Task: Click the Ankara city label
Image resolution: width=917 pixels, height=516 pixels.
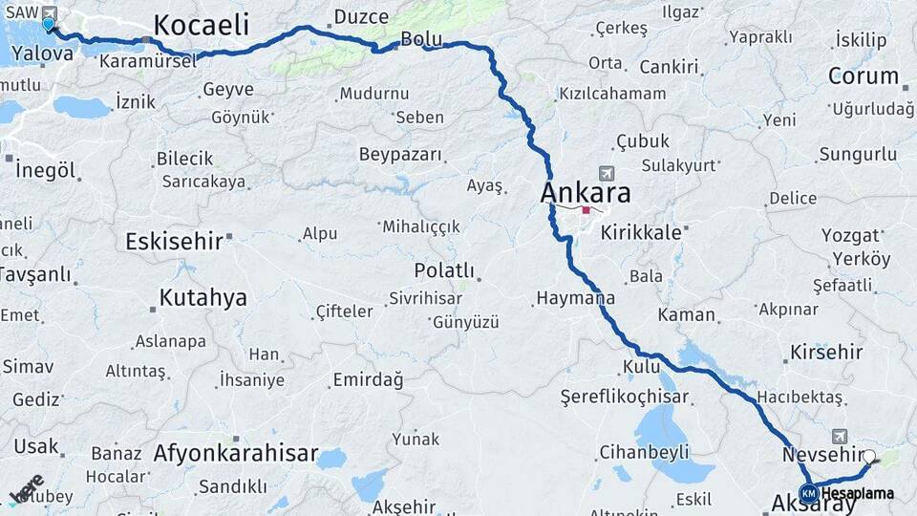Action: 586,192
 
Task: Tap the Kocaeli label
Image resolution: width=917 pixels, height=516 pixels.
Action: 201,24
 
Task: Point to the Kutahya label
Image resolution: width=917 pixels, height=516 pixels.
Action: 203,297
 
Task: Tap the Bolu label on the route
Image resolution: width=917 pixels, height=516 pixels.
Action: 421,39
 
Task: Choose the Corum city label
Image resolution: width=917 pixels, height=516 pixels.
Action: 863,75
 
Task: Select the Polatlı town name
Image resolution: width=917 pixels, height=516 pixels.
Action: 444,270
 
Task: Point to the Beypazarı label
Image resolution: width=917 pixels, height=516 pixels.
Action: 400,154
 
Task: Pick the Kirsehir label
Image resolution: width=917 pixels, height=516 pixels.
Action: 826,352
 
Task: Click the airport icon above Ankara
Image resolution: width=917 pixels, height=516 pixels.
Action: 605,173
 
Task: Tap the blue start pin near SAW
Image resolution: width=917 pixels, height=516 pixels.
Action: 48,23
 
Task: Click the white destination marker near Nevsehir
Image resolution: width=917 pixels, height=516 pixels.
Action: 868,457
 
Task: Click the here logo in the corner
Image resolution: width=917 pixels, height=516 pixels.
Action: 27,487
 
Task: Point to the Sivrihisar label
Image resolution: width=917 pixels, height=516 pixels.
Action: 425,298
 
